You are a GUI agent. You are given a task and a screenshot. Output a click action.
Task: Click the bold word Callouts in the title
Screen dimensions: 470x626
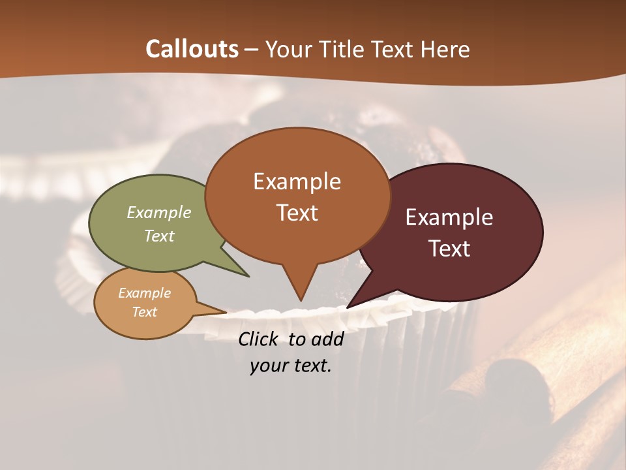[192, 49]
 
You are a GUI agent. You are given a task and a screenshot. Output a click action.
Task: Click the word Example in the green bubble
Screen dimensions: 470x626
[159, 213]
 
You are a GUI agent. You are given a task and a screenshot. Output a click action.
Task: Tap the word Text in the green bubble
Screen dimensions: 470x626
[159, 236]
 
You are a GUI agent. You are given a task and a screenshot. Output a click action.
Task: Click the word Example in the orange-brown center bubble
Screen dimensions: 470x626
[297, 181]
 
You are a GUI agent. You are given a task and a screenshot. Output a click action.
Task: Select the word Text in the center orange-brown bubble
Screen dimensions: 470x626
[297, 213]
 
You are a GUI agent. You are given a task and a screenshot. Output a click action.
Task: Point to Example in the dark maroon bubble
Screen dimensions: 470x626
[449, 217]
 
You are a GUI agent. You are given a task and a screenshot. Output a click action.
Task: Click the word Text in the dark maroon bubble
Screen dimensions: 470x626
[450, 249]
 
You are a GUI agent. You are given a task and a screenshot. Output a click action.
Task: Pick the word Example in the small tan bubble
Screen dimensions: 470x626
[144, 293]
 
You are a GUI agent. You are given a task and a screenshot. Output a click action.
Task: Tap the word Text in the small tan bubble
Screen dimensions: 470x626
[144, 312]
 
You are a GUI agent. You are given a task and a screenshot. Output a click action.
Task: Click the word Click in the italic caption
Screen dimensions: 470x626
[260, 339]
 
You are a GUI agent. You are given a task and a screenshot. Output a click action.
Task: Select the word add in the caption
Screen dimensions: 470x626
[327, 339]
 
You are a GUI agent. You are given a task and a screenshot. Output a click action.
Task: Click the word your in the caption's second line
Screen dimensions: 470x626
[268, 366]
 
